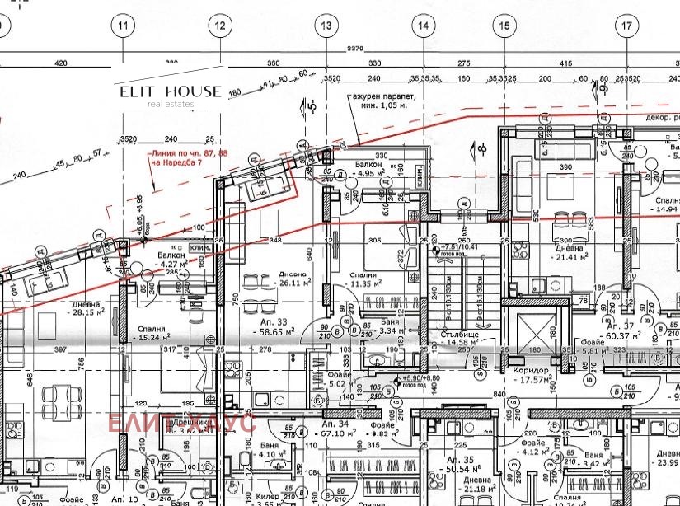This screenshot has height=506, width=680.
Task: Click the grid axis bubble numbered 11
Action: pos(124,26)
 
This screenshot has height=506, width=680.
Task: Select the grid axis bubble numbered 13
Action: pos(326,26)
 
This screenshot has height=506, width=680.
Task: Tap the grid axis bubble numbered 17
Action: pos(627,26)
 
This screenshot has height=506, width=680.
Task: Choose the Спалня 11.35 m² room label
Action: pos(363,279)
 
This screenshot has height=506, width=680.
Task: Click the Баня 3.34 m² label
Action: pos(384,327)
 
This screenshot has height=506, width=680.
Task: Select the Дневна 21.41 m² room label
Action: pos(569,252)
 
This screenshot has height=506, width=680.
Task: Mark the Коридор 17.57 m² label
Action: pos(532,375)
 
